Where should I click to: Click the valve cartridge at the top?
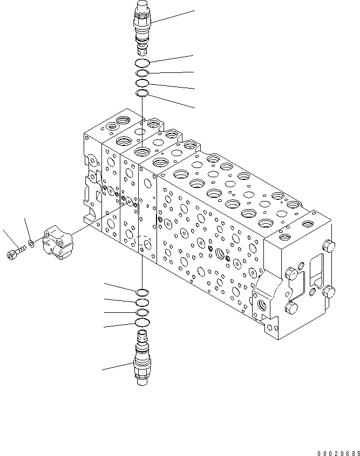142,27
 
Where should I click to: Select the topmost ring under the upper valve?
142,63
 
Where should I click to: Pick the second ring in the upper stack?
142,73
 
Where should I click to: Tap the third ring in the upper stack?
142,83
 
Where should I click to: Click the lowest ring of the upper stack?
142,93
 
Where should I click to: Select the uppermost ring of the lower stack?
142,292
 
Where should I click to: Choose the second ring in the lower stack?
142,303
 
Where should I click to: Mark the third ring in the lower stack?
142,313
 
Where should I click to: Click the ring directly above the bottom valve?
142,323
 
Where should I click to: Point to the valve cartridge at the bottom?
142,362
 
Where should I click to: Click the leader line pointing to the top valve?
173,16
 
